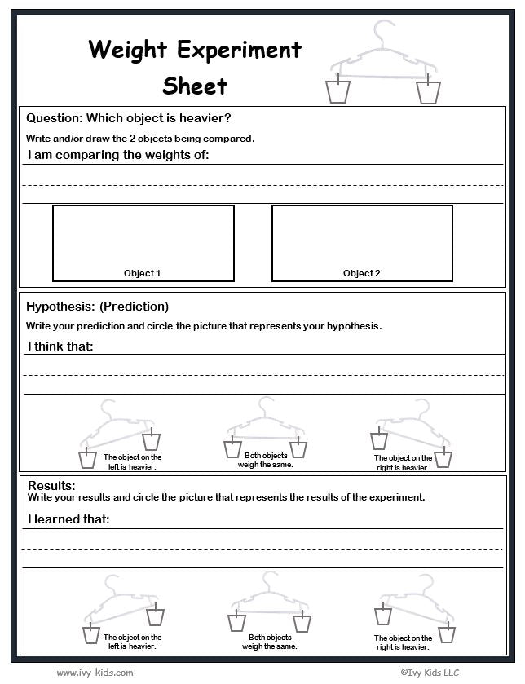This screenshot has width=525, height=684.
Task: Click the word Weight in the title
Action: click(129, 50)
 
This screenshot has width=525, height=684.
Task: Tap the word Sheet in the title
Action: click(195, 85)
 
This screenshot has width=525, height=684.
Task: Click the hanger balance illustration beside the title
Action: click(382, 65)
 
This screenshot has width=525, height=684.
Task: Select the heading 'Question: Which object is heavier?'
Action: click(129, 118)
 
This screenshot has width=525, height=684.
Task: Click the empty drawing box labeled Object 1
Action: click(143, 236)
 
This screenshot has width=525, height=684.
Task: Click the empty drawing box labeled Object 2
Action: click(362, 236)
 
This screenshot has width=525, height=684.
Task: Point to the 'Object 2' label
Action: click(362, 274)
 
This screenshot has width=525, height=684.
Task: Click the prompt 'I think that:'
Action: click(61, 346)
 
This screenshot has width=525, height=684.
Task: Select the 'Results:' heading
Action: click(51, 486)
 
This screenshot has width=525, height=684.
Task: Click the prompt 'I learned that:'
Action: click(68, 519)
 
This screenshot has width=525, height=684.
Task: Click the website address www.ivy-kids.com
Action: click(95, 673)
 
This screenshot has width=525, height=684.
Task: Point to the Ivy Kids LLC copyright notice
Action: click(430, 673)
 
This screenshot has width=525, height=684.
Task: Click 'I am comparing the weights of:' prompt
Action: click(118, 155)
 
